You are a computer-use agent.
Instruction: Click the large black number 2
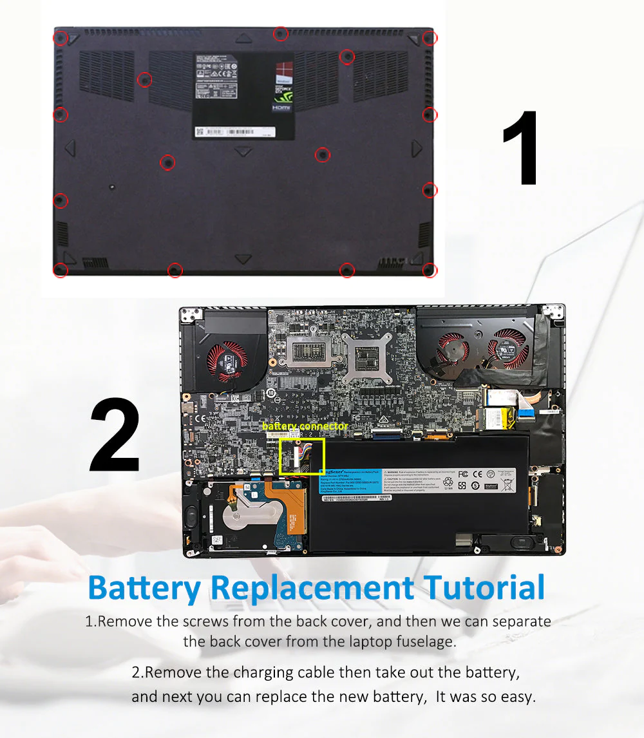click(115, 436)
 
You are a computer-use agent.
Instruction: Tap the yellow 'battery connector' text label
click(305, 426)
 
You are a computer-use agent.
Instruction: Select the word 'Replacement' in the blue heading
click(312, 587)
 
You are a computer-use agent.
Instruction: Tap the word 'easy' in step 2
click(515, 697)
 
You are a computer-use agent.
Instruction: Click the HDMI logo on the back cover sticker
click(282, 108)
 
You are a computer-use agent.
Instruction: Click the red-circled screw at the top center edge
click(280, 33)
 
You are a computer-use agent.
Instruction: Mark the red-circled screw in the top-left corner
click(60, 39)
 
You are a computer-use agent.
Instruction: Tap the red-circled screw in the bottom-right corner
click(430, 270)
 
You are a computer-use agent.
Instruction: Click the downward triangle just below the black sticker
click(243, 152)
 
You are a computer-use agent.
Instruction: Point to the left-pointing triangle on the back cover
click(70, 148)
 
